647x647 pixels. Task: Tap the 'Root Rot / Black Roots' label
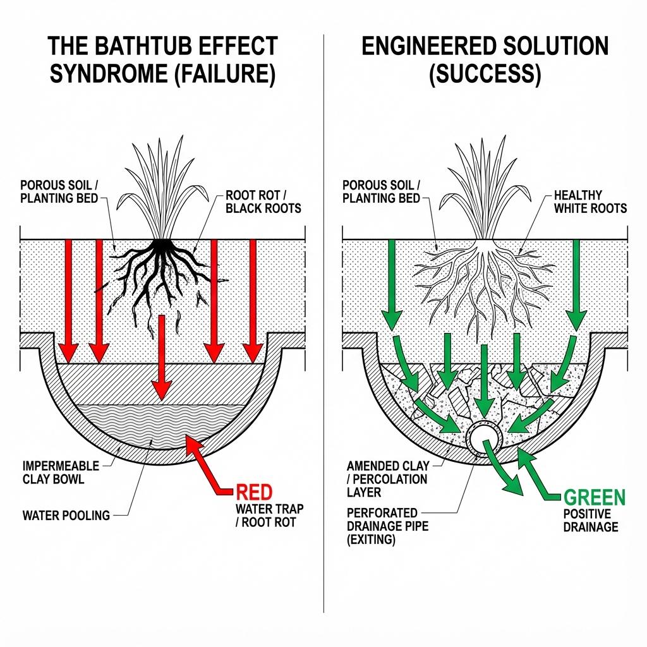point(263,202)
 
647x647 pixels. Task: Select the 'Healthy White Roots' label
point(590,202)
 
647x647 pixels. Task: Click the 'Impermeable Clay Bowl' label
point(60,472)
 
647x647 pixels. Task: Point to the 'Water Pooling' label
point(66,516)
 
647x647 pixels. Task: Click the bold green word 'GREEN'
point(593,497)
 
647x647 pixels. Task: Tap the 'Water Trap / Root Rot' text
point(269,515)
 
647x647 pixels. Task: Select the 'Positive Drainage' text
point(590,521)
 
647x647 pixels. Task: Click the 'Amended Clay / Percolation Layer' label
point(387,479)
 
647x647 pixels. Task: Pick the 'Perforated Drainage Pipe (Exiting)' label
point(387,526)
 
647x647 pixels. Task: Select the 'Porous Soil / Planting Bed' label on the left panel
point(60,191)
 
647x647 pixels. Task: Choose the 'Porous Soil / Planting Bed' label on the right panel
point(381,191)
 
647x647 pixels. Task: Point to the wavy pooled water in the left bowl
point(158,423)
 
